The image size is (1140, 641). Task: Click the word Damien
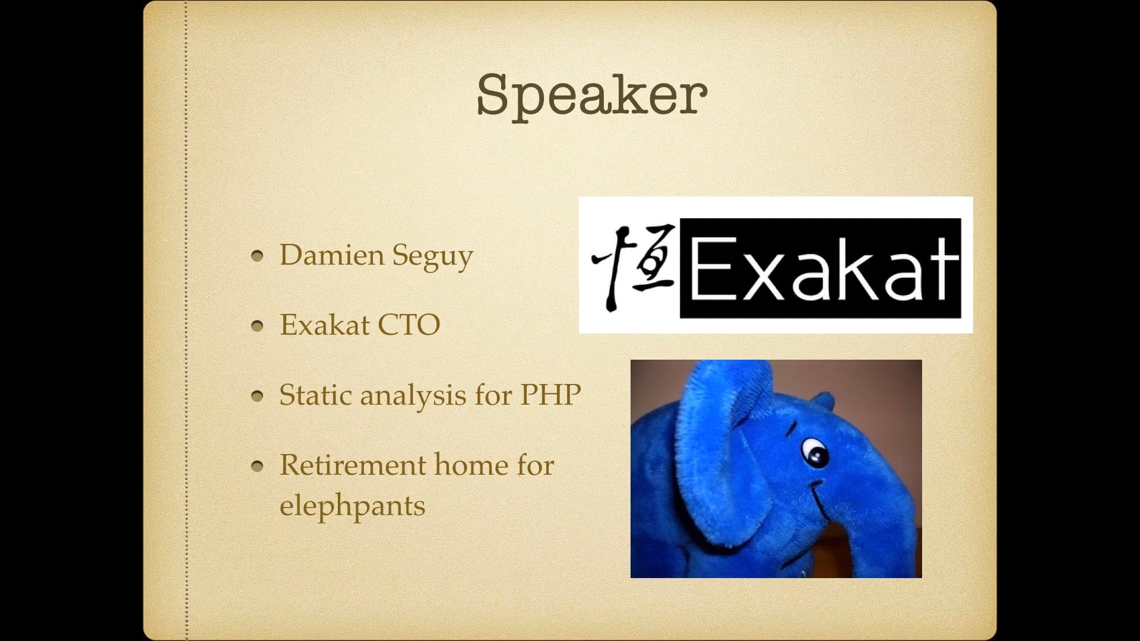[332, 255]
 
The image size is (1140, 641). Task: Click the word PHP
[550, 395]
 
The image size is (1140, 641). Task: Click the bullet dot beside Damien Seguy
[257, 256]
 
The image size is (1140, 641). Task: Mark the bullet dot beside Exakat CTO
[257, 326]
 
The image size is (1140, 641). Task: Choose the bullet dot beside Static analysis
[257, 396]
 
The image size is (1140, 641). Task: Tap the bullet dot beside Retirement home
[257, 466]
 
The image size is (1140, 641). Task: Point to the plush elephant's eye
[815, 452]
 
